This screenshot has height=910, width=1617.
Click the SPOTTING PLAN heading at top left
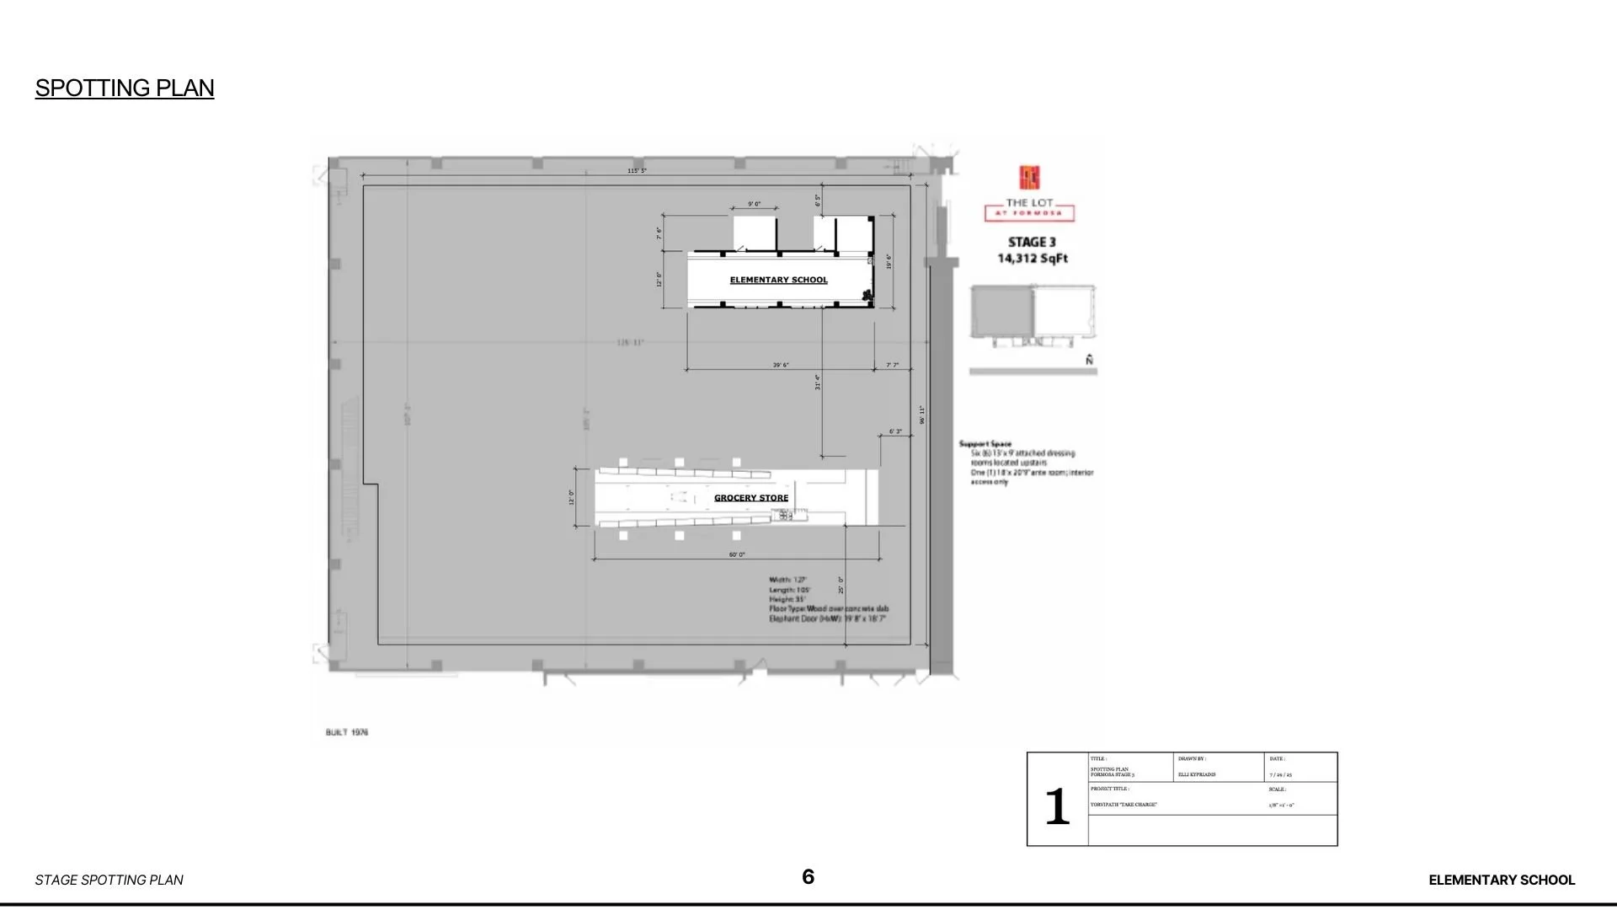pos(125,88)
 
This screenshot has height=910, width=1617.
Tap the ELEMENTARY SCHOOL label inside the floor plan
pos(778,280)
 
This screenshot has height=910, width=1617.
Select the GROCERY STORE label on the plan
pos(751,498)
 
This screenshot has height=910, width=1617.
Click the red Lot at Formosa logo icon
pos(1029,178)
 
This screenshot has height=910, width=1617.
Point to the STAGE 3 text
pos(1032,242)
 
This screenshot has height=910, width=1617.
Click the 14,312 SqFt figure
pos(1033,258)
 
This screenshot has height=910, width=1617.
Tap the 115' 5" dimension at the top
pos(637,171)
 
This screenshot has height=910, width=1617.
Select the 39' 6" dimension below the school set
pos(781,365)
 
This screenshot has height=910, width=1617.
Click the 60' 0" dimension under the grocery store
pos(737,554)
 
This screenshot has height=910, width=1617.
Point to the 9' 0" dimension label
pos(754,204)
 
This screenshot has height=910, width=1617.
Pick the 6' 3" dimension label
pos(895,431)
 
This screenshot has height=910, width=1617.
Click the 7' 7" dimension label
pos(893,365)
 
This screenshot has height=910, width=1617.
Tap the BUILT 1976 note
pos(347,732)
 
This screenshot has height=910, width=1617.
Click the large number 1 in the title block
pos(1057,806)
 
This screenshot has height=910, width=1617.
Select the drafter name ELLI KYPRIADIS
pos(1197,774)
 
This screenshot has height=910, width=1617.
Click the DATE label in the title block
pos(1277,759)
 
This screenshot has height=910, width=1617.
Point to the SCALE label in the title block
pos(1277,790)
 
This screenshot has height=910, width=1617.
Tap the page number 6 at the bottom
pos(808,877)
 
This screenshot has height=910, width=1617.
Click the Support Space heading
pos(985,443)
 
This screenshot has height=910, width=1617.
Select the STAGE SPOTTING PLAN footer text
pos(109,880)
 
